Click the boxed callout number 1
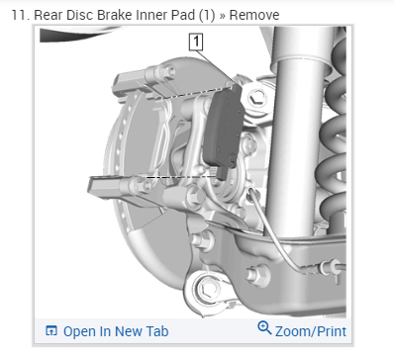196,42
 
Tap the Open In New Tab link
116,331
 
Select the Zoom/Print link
311,331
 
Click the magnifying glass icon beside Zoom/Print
264,327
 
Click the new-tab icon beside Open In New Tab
51,330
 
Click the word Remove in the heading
254,15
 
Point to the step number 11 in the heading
19,15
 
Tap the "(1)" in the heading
207,15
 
